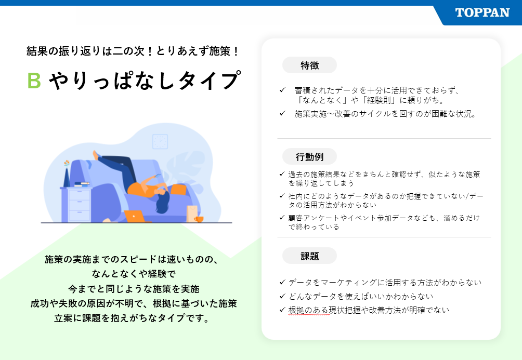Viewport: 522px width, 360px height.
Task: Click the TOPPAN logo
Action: click(x=482, y=12)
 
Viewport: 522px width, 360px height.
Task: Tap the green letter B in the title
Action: click(x=34, y=81)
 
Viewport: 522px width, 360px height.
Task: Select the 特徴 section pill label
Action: click(x=309, y=65)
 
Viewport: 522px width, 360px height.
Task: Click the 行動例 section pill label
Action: click(x=309, y=157)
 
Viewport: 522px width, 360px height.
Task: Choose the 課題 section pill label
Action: click(x=309, y=256)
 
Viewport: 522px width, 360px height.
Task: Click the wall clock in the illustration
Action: click(x=160, y=142)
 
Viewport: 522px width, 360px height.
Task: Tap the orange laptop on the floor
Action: click(x=135, y=216)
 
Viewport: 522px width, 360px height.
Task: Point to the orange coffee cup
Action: click(x=199, y=219)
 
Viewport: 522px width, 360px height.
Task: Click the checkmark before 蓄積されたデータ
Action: click(x=283, y=90)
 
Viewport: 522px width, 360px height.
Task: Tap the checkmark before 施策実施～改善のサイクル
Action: click(x=283, y=113)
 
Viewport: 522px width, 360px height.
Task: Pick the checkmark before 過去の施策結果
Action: click(x=282, y=174)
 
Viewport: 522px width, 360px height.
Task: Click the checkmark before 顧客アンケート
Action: click(x=282, y=218)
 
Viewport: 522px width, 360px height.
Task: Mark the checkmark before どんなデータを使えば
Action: click(x=283, y=296)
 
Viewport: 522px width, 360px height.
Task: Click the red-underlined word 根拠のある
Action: click(x=309, y=310)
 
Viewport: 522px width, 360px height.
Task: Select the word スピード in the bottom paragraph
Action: click(x=138, y=259)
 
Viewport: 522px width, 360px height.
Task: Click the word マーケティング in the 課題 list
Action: click(x=346, y=283)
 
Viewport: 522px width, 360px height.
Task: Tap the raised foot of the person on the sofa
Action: click(x=96, y=155)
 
